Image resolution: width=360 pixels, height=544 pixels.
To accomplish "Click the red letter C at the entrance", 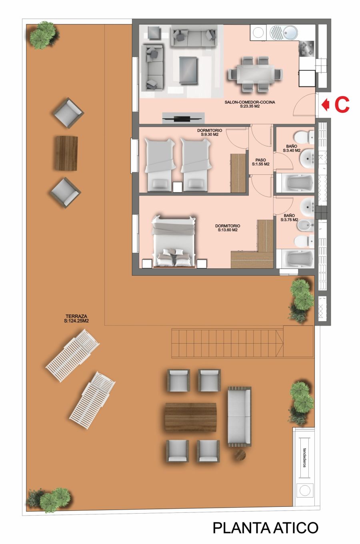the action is [x=342, y=105].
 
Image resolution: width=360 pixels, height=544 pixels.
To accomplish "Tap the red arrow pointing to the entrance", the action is [x=326, y=105].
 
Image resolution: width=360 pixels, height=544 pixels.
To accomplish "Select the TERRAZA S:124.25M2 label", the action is [x=76, y=318].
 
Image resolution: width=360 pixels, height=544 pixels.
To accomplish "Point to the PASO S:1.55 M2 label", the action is [x=261, y=162].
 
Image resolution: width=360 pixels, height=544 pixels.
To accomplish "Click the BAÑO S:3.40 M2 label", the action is [x=292, y=148].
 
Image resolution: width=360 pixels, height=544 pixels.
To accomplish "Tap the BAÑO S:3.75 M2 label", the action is [x=289, y=218].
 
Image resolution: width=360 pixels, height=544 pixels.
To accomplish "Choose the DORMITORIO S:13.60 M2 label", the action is [x=228, y=228].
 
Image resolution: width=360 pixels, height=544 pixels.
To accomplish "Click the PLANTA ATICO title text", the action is [x=266, y=528].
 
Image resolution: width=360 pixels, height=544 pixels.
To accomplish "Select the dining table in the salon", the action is [x=256, y=74].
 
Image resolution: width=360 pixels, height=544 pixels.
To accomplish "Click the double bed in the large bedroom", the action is [x=174, y=242].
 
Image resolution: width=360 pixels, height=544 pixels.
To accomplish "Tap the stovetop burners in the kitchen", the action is [x=307, y=48].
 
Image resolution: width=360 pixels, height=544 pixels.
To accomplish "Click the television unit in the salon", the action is [x=183, y=118].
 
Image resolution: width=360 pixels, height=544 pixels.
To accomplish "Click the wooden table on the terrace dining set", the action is [x=191, y=417].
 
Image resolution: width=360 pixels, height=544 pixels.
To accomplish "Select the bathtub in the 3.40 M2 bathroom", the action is [x=295, y=183].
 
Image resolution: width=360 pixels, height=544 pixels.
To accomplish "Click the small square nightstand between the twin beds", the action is [x=177, y=187].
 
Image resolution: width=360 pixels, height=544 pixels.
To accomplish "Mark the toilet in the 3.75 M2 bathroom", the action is [x=304, y=241].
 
